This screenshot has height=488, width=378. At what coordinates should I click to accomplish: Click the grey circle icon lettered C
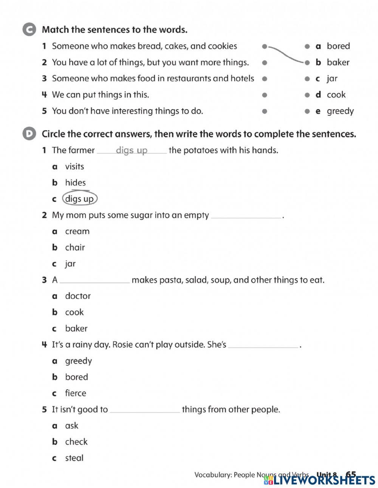click(29, 30)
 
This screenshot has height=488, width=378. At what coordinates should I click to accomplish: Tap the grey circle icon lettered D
click(29, 134)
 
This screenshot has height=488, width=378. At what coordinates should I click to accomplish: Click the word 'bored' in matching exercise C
click(338, 46)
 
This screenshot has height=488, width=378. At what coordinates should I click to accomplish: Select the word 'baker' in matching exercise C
click(338, 62)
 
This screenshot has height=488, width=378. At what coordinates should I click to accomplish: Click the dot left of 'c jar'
click(307, 79)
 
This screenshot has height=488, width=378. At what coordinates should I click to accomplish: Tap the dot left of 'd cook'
click(307, 95)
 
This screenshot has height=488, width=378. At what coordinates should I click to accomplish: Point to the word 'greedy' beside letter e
click(340, 111)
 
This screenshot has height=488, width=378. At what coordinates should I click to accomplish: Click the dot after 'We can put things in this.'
click(265, 95)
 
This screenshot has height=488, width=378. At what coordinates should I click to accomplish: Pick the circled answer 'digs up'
click(79, 199)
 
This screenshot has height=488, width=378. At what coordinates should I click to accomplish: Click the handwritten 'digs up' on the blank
click(132, 150)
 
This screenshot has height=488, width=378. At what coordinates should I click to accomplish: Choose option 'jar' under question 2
click(70, 264)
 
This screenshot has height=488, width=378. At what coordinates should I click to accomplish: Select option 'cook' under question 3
click(74, 312)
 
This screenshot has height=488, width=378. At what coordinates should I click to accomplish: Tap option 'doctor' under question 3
click(78, 296)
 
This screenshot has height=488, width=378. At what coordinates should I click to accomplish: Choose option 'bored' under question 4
click(76, 377)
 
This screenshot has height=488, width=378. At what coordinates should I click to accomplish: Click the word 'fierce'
click(76, 393)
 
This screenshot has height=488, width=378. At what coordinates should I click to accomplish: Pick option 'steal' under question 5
click(74, 458)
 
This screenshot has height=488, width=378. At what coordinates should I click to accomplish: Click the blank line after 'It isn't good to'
click(145, 411)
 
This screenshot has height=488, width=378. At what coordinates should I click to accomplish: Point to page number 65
click(351, 475)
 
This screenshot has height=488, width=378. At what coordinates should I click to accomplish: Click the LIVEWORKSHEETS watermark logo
click(319, 480)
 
